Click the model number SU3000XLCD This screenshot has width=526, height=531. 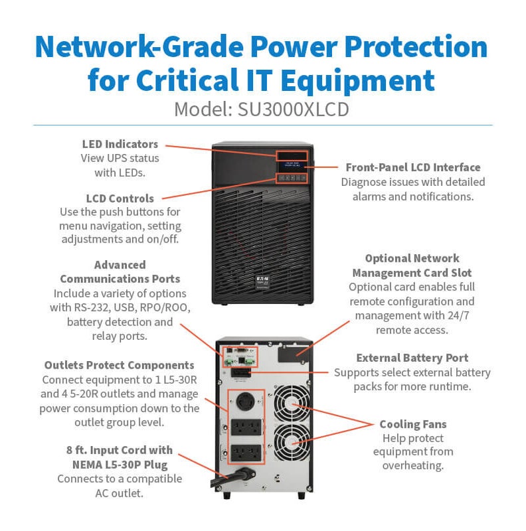point(293,110)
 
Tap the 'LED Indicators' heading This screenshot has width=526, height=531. point(120,144)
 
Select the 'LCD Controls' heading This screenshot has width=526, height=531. point(120,198)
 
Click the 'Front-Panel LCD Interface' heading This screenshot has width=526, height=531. point(413,167)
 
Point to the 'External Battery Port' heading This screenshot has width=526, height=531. point(412,358)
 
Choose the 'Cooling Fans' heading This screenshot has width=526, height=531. point(413,424)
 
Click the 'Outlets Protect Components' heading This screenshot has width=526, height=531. point(120,365)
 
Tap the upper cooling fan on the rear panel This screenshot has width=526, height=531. point(292,404)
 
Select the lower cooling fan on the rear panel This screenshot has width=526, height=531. point(292,442)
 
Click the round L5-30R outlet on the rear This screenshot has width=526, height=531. point(245,402)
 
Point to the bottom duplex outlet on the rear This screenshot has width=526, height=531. point(246,453)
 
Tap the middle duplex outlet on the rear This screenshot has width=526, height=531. point(246,427)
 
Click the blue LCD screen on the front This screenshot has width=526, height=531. point(292,167)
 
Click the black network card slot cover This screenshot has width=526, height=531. point(294,354)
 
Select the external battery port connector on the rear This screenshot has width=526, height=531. point(241,373)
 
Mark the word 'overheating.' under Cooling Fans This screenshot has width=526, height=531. point(413,466)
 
